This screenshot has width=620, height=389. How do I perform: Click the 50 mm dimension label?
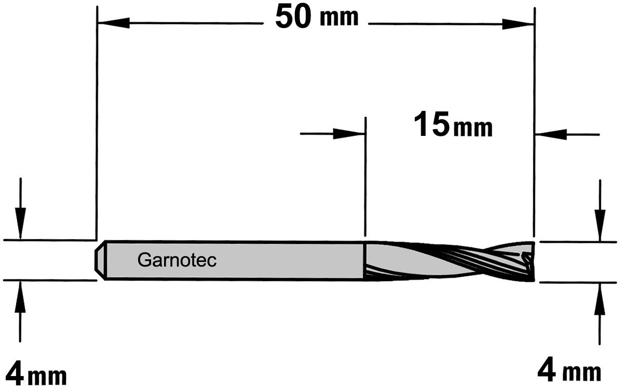tap(317, 17)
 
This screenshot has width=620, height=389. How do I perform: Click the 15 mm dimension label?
tap(453, 124)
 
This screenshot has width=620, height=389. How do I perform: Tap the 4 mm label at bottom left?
tap(36, 371)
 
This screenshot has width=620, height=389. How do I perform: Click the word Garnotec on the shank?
tap(177, 260)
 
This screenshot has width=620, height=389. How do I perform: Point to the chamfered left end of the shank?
tap(100, 260)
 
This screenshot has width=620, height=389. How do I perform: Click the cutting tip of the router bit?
tap(529, 261)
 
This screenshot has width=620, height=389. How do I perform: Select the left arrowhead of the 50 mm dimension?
tap(113, 23)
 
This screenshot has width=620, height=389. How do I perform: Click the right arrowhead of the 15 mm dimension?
tap(551, 134)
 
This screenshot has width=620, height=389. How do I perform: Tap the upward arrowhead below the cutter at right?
tap(600, 299)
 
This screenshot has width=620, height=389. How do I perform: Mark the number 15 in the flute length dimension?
tap(432, 124)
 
